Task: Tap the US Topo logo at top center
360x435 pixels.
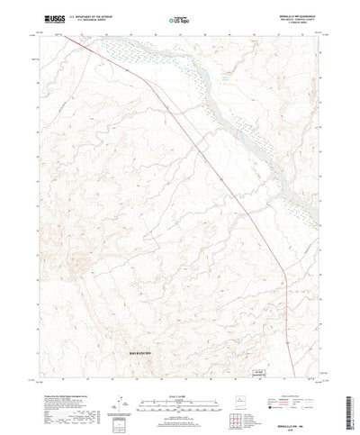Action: [x=179, y=19]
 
